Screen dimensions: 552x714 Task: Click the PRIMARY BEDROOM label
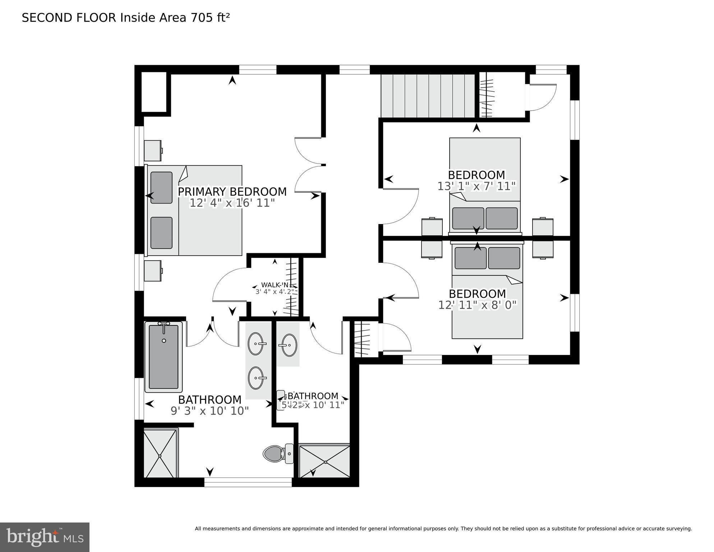[x=232, y=192]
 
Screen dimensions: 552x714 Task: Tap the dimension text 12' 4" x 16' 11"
[x=232, y=203]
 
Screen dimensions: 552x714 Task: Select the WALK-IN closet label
[x=275, y=285]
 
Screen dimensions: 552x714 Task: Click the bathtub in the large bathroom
[x=163, y=356]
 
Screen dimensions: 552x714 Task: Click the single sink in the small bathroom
[x=289, y=345]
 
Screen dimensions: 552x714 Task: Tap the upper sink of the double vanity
[x=256, y=344]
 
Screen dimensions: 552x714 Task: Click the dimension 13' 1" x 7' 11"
[x=476, y=186]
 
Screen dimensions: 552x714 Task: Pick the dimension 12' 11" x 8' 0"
[x=477, y=305]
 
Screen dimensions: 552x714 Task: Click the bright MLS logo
[x=45, y=537]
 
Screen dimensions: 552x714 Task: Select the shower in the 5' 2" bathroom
[x=324, y=461]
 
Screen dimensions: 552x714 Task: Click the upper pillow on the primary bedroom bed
[x=161, y=188]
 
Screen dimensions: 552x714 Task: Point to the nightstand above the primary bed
[x=153, y=151]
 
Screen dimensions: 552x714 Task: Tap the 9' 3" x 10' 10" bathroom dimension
[x=209, y=411]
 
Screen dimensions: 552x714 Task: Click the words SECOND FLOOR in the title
[x=69, y=18]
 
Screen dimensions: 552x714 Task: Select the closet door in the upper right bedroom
[x=542, y=97]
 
